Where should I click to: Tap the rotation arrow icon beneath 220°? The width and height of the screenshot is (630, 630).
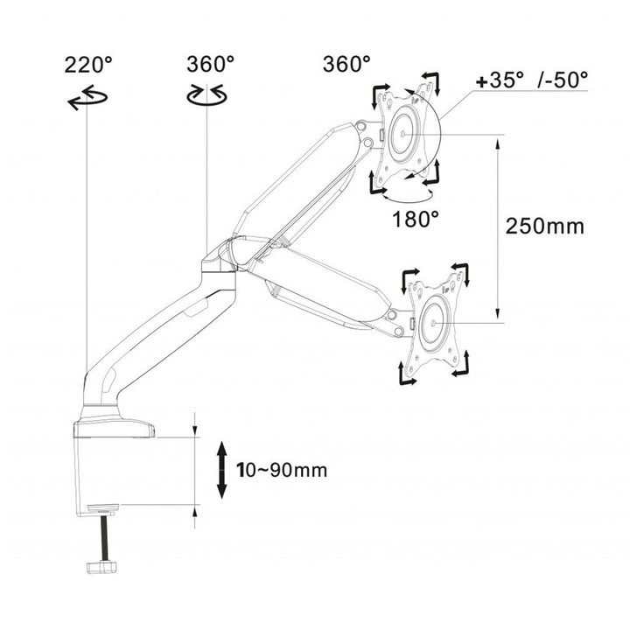87,100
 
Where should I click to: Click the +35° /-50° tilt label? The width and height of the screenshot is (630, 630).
531,80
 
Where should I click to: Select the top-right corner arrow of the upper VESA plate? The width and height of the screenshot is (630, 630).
431,83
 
